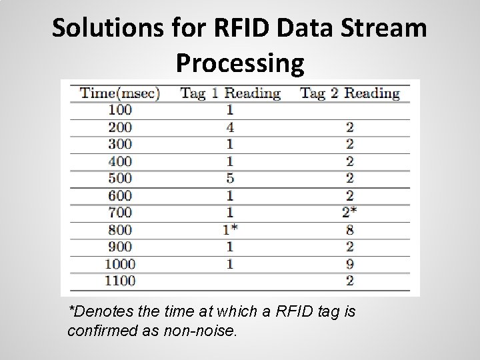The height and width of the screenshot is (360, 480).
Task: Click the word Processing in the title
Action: coord(240,63)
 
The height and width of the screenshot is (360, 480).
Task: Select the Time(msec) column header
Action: coord(120,93)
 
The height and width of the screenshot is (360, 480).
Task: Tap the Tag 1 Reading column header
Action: coord(230,93)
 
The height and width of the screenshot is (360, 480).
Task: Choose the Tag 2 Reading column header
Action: coord(349,93)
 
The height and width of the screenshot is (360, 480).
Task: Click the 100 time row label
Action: coord(120,109)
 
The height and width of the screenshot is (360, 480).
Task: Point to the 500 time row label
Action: coord(120,178)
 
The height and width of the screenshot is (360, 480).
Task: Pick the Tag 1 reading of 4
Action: coord(229,127)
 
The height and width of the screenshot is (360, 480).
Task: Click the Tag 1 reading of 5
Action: coord(229,178)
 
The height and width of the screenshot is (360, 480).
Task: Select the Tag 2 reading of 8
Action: coord(349,230)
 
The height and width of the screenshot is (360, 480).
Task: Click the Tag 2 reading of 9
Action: coord(349,264)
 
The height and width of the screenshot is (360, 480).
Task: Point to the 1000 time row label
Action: coord(120,264)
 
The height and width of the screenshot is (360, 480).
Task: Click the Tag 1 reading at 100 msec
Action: coord(229,109)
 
